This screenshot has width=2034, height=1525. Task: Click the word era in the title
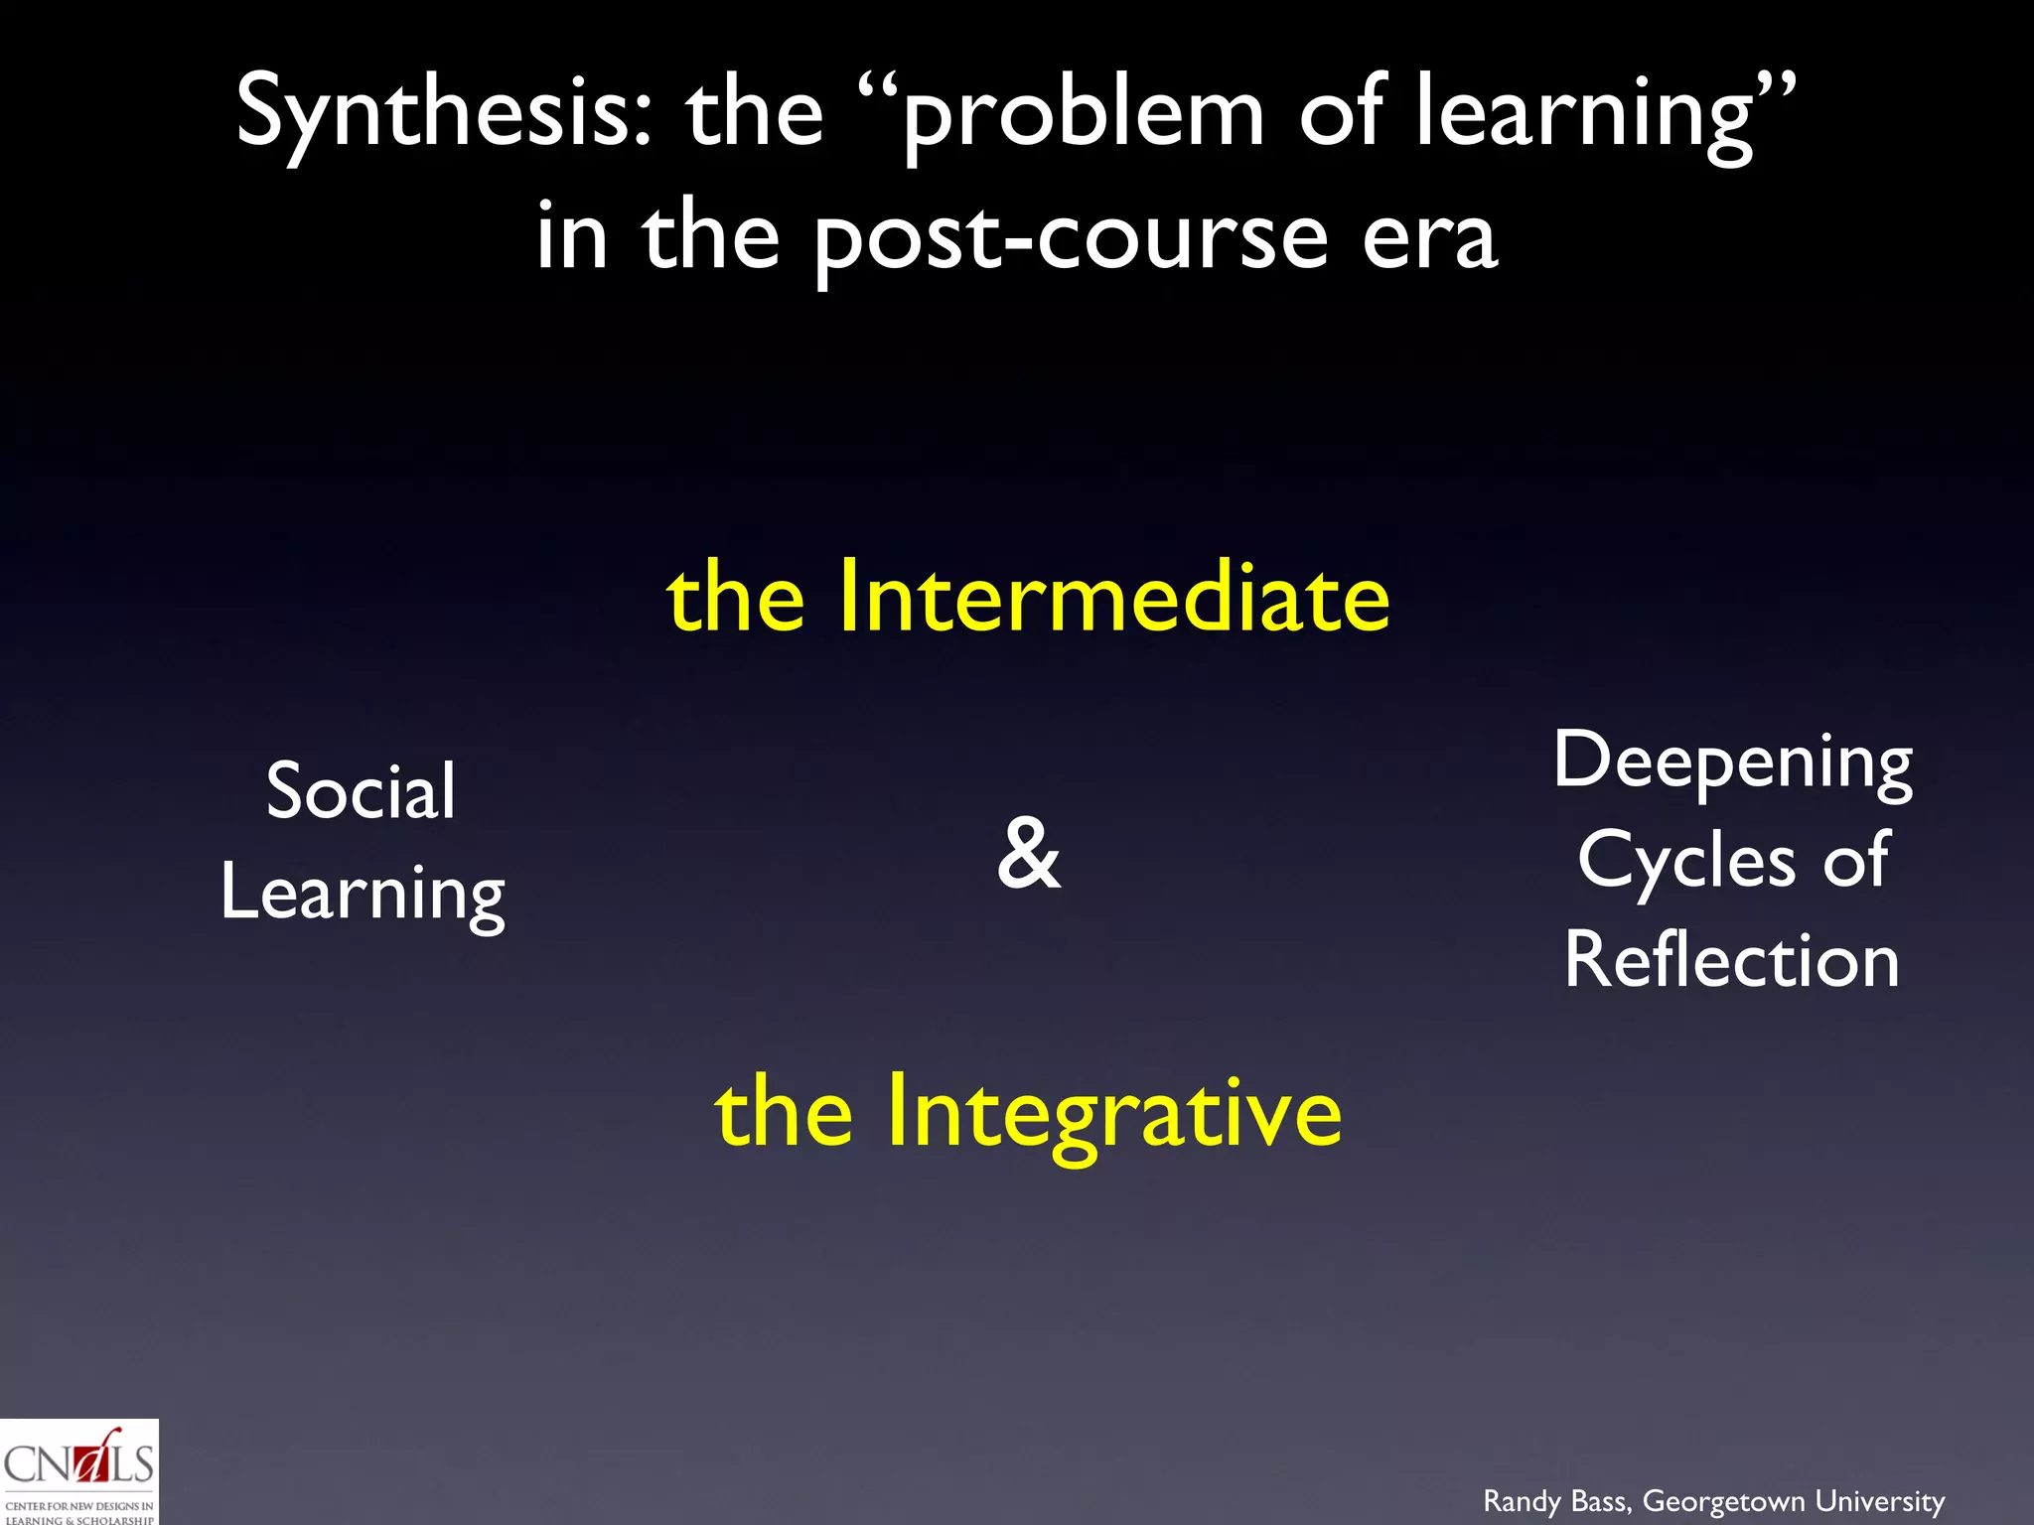point(1429,238)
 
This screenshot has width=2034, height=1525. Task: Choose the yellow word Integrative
point(1113,1112)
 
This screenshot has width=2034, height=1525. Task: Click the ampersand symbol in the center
point(1029,854)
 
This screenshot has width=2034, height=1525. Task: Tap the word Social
point(362,791)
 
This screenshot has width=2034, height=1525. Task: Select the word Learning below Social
point(363,894)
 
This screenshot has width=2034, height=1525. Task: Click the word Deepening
point(1733,762)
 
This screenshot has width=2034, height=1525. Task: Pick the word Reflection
point(1732,961)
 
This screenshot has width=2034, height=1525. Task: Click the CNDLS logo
point(78,1472)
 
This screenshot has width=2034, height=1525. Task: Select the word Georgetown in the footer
point(1724,1501)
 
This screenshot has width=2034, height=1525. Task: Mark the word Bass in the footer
point(1600,1501)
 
